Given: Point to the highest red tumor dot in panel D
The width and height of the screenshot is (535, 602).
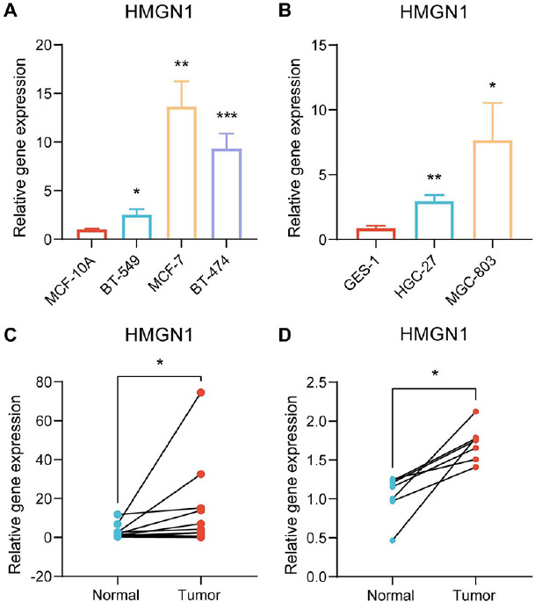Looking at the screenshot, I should (x=475, y=411).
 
